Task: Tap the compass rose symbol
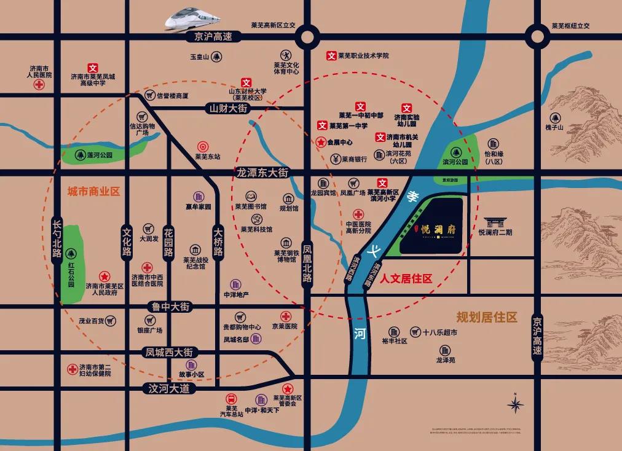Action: coord(515,404)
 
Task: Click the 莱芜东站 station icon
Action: coord(202,147)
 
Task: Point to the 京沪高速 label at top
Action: coord(210,37)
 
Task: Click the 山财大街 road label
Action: coord(227,108)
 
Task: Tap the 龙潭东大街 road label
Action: coord(262,173)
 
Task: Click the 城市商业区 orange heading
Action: coord(93,192)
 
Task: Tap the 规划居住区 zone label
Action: coord(486,318)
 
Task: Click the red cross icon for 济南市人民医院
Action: coord(39,85)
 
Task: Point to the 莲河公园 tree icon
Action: coord(80,155)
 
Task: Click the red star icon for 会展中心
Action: coord(321,142)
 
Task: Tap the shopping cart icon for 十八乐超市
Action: coord(416,332)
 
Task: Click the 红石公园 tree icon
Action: coord(71,252)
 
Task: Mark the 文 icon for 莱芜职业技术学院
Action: coord(331,56)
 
